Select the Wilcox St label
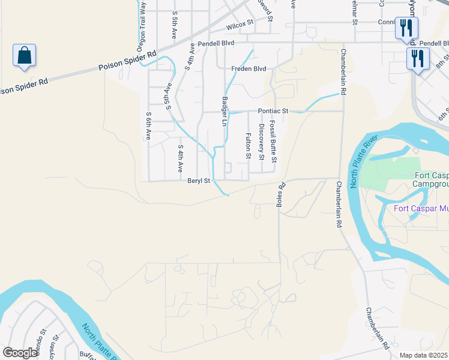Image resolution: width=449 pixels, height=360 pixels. tap(240, 27)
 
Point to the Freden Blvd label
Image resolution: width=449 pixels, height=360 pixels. tap(249, 69)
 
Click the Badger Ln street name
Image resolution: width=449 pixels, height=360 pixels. tap(225, 112)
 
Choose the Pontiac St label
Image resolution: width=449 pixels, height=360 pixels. tap(274, 111)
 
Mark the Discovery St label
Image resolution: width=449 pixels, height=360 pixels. tap(261, 142)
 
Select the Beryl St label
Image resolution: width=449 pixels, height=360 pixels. tap(199, 180)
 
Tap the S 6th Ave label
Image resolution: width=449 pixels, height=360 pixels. tap(148, 125)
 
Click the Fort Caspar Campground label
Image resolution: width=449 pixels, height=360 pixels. tap(432, 179)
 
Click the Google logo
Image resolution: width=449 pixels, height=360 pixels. tap(20, 353)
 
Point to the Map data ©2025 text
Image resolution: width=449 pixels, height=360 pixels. tap(423, 355)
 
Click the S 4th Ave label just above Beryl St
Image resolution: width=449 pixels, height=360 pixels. tap(180, 158)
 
